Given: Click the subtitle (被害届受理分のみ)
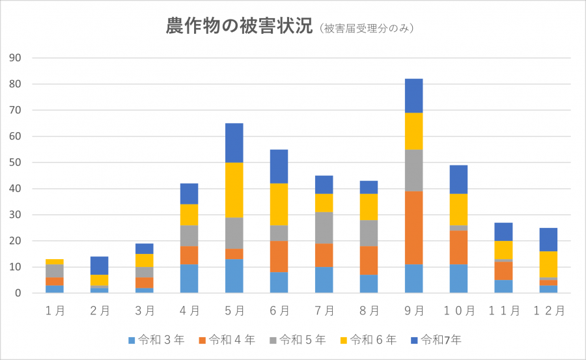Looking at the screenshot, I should click(x=367, y=29).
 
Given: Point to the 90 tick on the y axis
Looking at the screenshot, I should click(x=16, y=58).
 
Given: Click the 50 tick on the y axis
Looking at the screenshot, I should click(x=16, y=163).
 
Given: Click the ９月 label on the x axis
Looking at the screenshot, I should click(x=413, y=311).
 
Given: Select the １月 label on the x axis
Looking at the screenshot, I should click(x=55, y=311).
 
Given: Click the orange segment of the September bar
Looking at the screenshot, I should click(x=413, y=228).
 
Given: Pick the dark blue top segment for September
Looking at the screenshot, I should click(x=413, y=96).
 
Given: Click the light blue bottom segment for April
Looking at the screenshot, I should click(x=189, y=279).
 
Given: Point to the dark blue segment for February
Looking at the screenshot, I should click(x=99, y=266).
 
